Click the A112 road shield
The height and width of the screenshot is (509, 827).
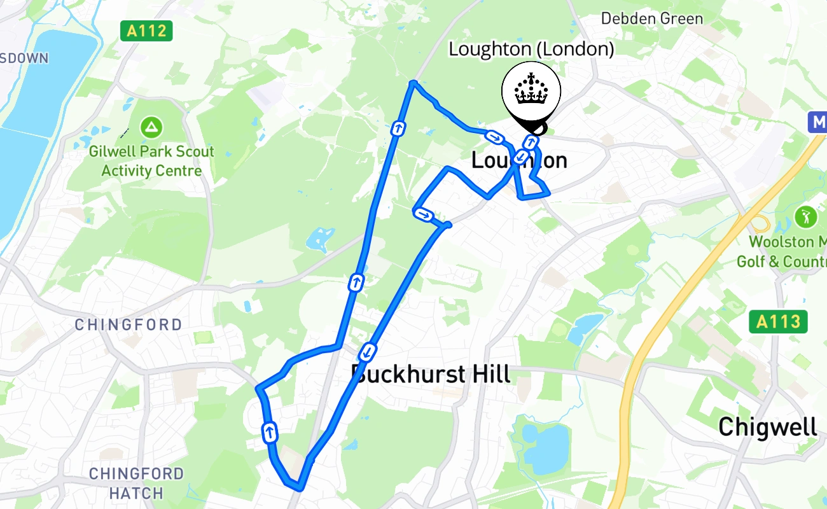(x=146, y=30)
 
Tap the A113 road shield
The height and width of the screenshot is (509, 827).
(x=778, y=321)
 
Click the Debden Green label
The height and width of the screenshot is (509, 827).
(x=652, y=18)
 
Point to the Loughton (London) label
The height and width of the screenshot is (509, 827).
(x=531, y=49)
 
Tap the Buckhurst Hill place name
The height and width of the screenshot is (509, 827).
(x=431, y=374)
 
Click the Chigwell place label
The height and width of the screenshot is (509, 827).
(x=768, y=427)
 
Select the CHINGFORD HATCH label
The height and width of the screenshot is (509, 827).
(x=136, y=483)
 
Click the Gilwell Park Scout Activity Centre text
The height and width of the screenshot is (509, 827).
(x=151, y=161)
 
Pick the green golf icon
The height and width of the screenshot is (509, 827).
(x=806, y=217)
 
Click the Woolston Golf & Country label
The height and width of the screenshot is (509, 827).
(x=781, y=251)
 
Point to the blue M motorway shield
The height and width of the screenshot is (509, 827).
(x=817, y=122)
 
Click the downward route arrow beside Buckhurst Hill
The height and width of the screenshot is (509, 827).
(x=368, y=351)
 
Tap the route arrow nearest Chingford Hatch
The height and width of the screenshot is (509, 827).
(x=270, y=432)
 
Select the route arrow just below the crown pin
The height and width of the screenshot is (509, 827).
(x=529, y=142)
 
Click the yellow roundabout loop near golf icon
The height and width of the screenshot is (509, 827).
(x=759, y=223)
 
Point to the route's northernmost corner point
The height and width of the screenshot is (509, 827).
(x=413, y=83)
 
